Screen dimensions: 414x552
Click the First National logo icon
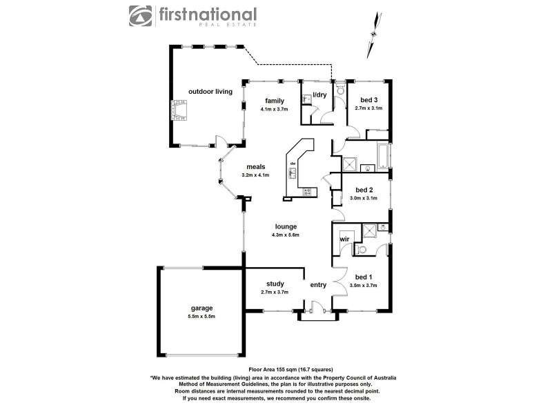[x=141, y=17]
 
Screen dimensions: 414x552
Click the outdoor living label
[x=210, y=91]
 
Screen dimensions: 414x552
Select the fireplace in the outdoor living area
[x=181, y=110]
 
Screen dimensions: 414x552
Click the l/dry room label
[x=320, y=95]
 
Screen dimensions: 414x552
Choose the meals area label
[x=256, y=166]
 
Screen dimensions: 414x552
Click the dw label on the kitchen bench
[x=293, y=164]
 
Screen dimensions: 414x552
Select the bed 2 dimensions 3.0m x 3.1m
[x=365, y=198]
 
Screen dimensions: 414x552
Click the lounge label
[x=286, y=226]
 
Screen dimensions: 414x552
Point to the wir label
[x=344, y=239]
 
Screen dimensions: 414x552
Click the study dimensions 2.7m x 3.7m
[x=275, y=292]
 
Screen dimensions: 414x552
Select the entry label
[x=318, y=284]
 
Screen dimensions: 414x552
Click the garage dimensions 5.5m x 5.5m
[x=202, y=317]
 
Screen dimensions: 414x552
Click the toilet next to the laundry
[x=340, y=92]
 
